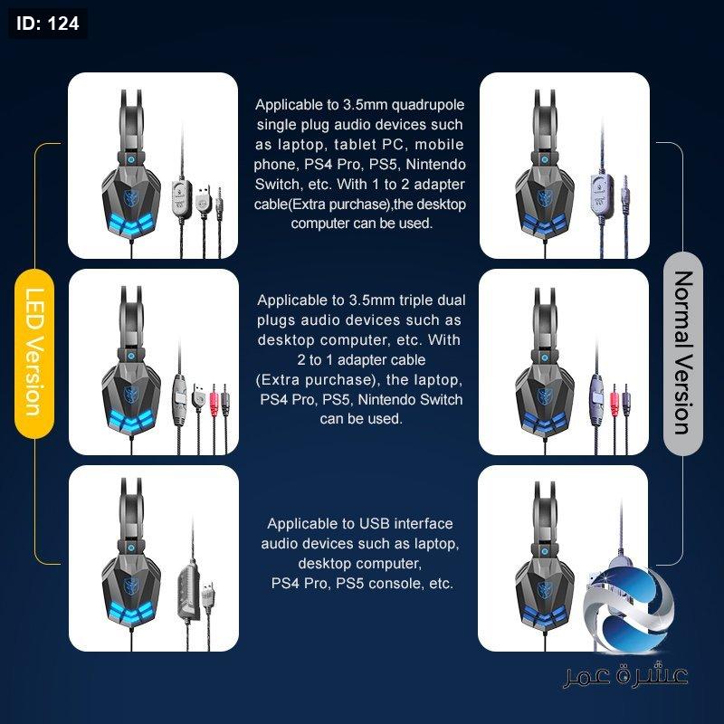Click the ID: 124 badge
pyautogui.click(x=48, y=24)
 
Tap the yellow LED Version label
pyautogui.click(x=34, y=353)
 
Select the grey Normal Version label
pyautogui.click(x=683, y=353)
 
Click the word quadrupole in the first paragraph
pyautogui.click(x=427, y=105)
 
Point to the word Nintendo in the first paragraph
pyautogui.click(x=435, y=165)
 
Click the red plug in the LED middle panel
pyautogui.click(x=214, y=396)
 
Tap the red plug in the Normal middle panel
pyautogui.click(x=614, y=396)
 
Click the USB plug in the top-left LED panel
pyautogui.click(x=202, y=198)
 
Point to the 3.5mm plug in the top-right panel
pyautogui.click(x=625, y=193)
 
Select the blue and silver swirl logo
pyautogui.click(x=629, y=610)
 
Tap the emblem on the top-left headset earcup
pyautogui.click(x=131, y=196)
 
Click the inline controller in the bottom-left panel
pyautogui.click(x=188, y=591)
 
